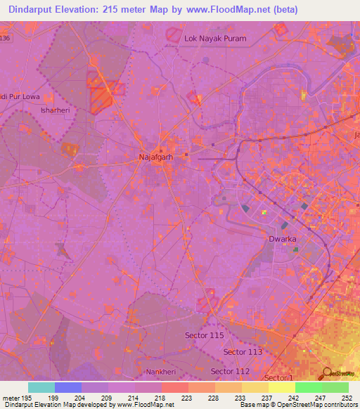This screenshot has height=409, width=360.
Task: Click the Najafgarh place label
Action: tap(156, 157)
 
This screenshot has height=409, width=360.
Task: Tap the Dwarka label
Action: tap(284, 240)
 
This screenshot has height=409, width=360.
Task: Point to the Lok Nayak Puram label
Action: tap(215, 38)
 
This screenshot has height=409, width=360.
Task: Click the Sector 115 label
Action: tap(205, 336)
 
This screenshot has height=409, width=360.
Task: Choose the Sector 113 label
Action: tap(243, 351)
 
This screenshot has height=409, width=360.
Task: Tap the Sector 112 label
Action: tap(231, 371)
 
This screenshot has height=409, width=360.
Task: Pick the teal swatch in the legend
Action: tap(41, 387)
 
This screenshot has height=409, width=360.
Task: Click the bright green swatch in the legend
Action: tap(309, 387)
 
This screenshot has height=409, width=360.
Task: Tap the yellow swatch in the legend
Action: tap(282, 387)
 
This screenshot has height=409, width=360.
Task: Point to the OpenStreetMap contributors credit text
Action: tap(317, 405)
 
